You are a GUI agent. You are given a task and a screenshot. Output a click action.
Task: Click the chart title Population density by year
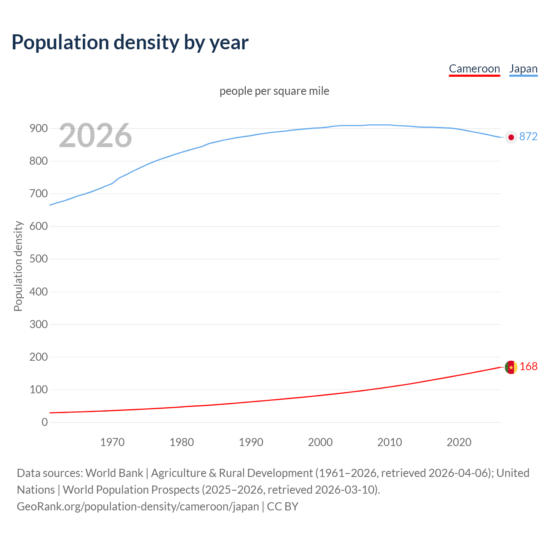click(130, 42)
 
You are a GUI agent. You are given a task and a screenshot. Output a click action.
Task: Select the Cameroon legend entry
click(474, 69)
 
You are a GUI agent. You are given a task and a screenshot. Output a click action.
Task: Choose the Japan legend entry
click(523, 69)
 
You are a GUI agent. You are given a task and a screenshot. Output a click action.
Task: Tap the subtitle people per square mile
click(274, 91)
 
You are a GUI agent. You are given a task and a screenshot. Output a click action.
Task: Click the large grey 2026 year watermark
click(95, 136)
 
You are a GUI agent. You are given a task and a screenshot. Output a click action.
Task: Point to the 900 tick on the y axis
click(39, 128)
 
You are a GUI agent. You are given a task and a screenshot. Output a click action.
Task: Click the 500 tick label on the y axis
click(39, 259)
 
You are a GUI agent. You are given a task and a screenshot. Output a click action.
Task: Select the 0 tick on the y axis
click(45, 422)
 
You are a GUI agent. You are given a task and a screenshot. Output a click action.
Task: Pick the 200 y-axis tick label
click(39, 357)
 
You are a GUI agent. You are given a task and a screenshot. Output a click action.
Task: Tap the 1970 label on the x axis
click(112, 442)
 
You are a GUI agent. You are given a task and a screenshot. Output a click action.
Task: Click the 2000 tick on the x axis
click(320, 442)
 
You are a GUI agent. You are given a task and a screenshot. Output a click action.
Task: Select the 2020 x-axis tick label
click(459, 442)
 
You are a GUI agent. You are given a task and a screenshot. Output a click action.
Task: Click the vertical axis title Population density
click(18, 266)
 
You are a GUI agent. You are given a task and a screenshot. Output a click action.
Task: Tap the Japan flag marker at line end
click(511, 137)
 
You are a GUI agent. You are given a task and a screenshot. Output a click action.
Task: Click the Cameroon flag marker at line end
click(511, 367)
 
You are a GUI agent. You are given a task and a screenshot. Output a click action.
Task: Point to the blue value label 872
click(528, 136)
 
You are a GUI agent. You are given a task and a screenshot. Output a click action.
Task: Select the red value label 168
click(528, 366)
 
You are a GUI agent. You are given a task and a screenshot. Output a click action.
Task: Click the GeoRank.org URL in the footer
click(138, 507)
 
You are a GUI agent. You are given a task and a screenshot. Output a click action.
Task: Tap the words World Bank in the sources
click(114, 473)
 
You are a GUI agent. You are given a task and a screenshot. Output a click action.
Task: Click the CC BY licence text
click(283, 507)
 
